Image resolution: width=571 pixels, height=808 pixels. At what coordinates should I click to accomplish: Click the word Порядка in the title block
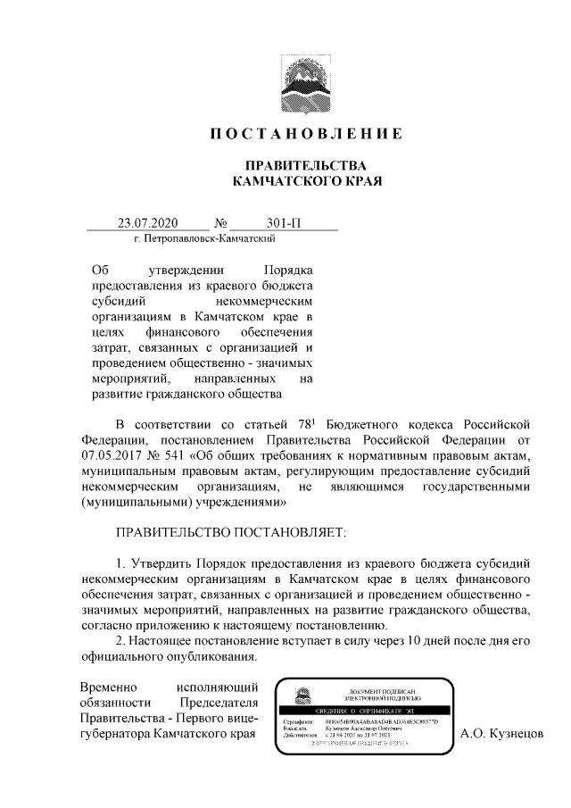tap(290, 269)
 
